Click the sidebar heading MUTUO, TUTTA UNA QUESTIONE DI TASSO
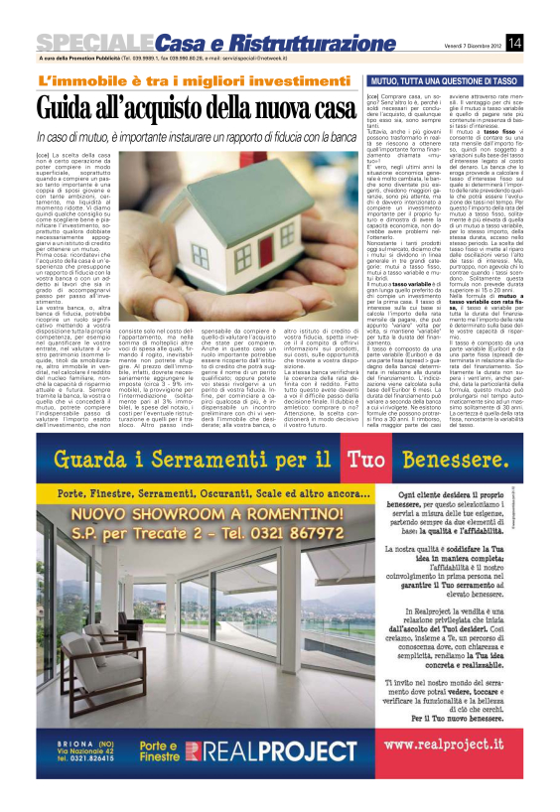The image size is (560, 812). coord(446,78)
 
